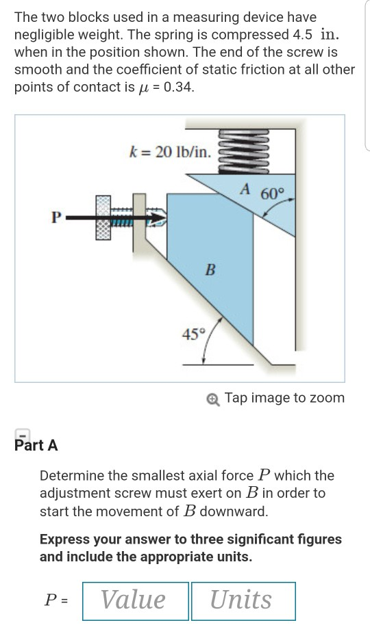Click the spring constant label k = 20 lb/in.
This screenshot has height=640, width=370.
(170, 152)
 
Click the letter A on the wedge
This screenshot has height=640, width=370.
(245, 189)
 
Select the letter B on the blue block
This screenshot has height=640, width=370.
(211, 269)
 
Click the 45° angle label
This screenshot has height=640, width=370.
(193, 334)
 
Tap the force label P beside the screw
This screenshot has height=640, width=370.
(56, 218)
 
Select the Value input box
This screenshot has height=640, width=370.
(135, 600)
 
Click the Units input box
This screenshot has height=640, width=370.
(243, 600)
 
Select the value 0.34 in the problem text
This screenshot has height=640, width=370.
(180, 88)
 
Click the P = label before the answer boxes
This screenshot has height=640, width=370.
(56, 600)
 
